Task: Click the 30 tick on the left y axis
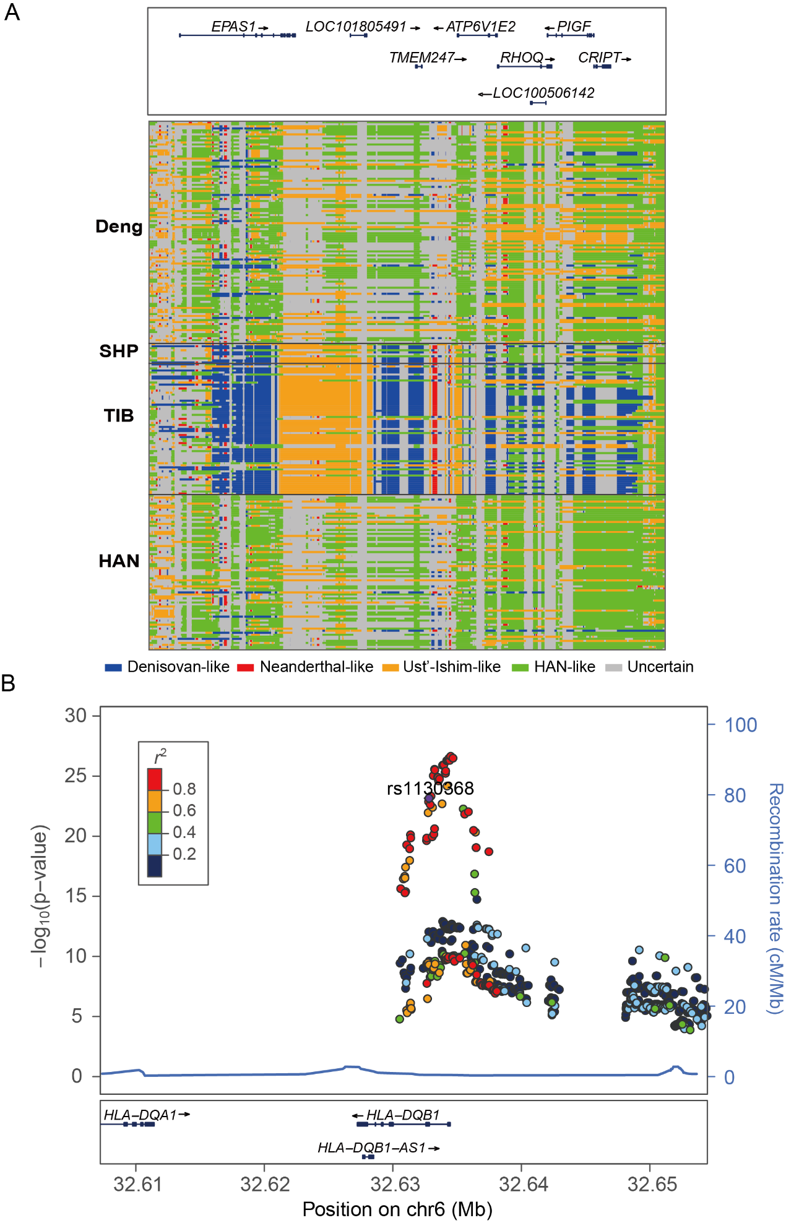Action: pyautogui.click(x=76, y=715)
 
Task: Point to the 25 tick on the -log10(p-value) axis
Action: pyautogui.click(x=76, y=776)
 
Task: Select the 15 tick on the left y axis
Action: pyautogui.click(x=76, y=896)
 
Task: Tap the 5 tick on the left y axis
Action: pyautogui.click(x=76, y=1016)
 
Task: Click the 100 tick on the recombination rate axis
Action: pyautogui.click(x=741, y=725)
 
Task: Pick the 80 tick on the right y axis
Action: pyautogui.click(x=735, y=795)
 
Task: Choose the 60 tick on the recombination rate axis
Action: pyautogui.click(x=735, y=866)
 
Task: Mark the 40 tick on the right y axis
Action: pyautogui.click(x=735, y=936)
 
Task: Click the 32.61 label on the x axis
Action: pyautogui.click(x=137, y=1184)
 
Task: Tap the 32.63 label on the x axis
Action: pyautogui.click(x=394, y=1184)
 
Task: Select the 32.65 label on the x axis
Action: pyautogui.click(x=652, y=1184)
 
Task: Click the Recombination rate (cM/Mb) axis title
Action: pyautogui.click(x=775, y=898)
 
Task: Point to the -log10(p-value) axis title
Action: pyautogui.click(x=40, y=896)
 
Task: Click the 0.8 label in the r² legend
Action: pyautogui.click(x=184, y=789)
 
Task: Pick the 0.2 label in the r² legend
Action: pyautogui.click(x=184, y=854)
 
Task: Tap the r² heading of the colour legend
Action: pyautogui.click(x=160, y=756)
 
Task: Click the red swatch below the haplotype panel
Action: pyautogui.click(x=246, y=667)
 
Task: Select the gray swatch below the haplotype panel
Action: pyautogui.click(x=613, y=667)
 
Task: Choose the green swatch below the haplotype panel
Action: pyautogui.click(x=520, y=667)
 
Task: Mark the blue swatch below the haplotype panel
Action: pyautogui.click(x=114, y=667)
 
